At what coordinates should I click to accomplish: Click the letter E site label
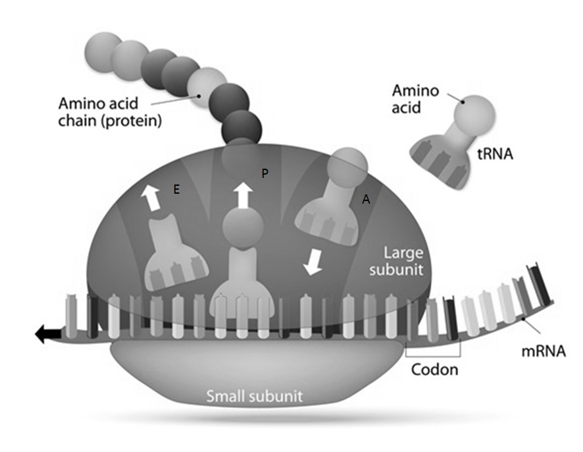(x=176, y=189)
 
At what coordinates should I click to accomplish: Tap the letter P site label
(x=265, y=173)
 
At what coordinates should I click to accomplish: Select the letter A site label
(x=365, y=200)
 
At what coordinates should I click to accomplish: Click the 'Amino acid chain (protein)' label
(x=109, y=113)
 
